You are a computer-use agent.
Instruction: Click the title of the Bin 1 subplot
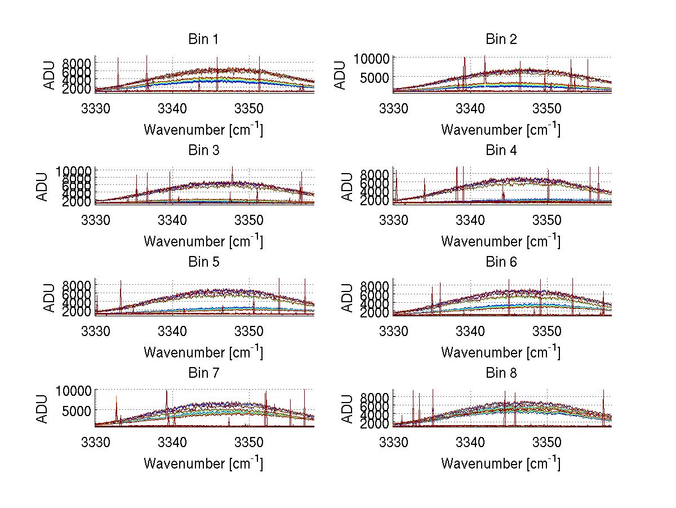click(x=203, y=39)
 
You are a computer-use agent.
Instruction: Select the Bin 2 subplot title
click(x=501, y=39)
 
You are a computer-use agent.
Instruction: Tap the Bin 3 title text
click(x=203, y=151)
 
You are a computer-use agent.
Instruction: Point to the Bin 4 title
click(x=501, y=151)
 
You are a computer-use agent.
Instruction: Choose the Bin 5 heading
click(x=203, y=262)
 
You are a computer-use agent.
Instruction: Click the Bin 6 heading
click(x=501, y=262)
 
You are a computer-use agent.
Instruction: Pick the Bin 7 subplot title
click(x=203, y=373)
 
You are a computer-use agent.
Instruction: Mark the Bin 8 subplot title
click(x=501, y=373)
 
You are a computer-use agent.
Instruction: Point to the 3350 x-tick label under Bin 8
click(x=546, y=441)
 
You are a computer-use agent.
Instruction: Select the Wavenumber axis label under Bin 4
click(x=501, y=241)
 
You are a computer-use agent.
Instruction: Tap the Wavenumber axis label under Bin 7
click(x=203, y=463)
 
